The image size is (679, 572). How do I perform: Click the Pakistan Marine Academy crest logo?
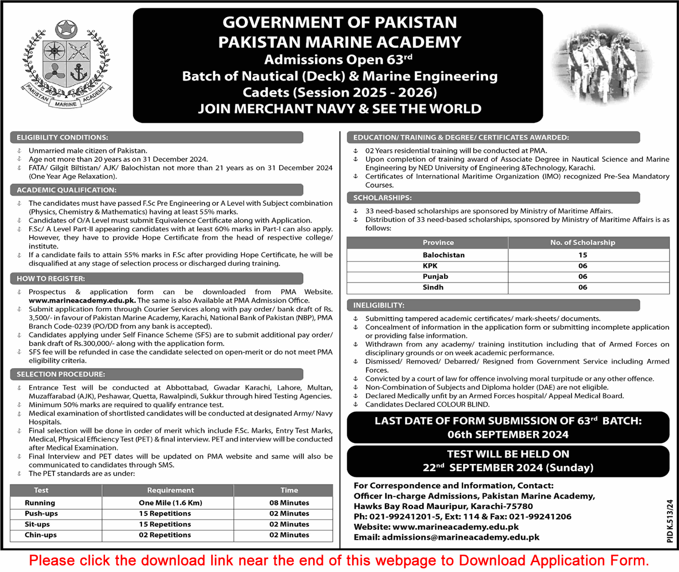(x=66, y=64)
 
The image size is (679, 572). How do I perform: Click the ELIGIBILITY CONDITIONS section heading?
(x=62, y=137)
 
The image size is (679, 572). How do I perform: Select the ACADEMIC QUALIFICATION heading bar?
(x=67, y=190)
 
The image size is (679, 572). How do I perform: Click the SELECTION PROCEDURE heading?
(x=61, y=374)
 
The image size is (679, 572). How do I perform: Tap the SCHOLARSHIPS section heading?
(x=382, y=198)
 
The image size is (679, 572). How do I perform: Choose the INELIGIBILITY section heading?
(x=378, y=305)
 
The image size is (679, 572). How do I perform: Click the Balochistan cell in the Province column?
(x=443, y=255)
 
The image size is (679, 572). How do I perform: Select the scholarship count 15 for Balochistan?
(x=582, y=255)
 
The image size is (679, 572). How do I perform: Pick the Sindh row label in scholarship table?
(x=433, y=287)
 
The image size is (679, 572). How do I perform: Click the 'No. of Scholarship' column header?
(x=582, y=242)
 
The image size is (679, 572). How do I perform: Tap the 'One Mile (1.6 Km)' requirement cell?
(x=171, y=503)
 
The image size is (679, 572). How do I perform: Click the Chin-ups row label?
(x=41, y=535)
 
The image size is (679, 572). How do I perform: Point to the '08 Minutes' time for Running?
(x=289, y=503)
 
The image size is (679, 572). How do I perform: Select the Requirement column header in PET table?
(x=171, y=490)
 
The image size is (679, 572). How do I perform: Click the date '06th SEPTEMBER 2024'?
(x=508, y=434)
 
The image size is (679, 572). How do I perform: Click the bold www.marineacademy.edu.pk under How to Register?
(x=82, y=300)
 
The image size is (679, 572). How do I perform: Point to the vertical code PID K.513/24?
(x=670, y=521)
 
